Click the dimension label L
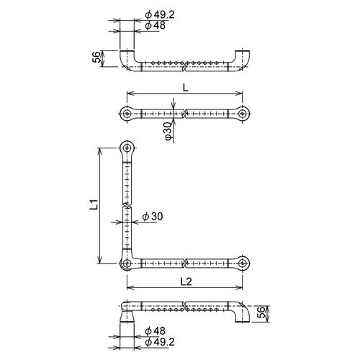point(186,88)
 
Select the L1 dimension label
point(94,204)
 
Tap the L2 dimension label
point(186,282)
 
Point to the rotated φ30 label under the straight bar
point(168,130)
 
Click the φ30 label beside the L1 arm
point(153,217)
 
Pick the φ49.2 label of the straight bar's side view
point(160,15)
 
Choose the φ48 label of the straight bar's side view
point(156,25)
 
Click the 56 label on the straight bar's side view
point(96,57)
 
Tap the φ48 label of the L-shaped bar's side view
point(156,331)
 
